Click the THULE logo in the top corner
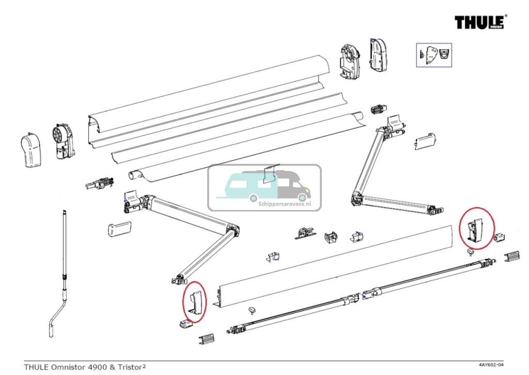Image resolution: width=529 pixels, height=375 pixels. click(480, 22)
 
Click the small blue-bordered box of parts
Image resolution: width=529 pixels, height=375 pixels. click(434, 54)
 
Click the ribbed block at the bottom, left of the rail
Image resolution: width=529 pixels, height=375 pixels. click(205, 339)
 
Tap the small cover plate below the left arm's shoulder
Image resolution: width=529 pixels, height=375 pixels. click(119, 229)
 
